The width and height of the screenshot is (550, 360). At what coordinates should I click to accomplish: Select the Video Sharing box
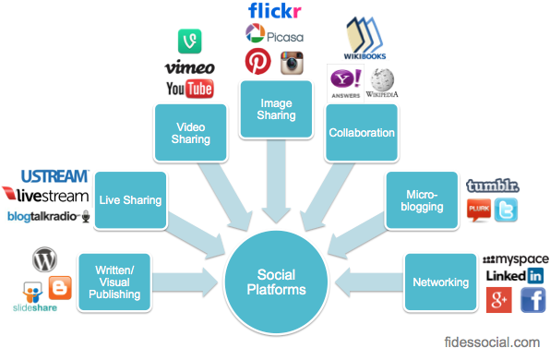point(190,132)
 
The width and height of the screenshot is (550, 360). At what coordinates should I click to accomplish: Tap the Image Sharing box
point(273,108)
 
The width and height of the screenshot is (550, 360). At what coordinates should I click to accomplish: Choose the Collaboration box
point(362,133)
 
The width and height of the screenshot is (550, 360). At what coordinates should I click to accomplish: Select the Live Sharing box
point(130,200)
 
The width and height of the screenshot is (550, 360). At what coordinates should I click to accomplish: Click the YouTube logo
point(189,89)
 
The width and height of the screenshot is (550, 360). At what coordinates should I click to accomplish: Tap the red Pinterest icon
point(257,62)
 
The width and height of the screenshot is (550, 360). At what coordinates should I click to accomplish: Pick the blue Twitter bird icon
point(506,210)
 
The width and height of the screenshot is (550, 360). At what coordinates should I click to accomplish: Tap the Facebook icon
point(532,299)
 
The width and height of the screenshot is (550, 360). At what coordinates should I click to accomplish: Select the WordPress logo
point(44,258)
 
